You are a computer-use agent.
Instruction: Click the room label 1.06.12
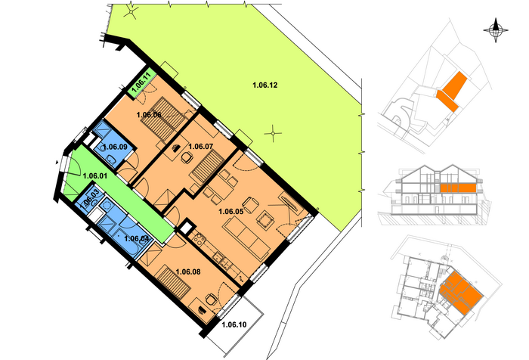(x=264, y=85)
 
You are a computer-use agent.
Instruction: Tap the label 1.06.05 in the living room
(x=230, y=212)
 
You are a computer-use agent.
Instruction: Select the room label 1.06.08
(x=188, y=272)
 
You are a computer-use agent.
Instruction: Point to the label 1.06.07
(x=201, y=146)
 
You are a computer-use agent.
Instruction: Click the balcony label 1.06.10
(x=234, y=325)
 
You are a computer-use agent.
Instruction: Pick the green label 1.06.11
(x=141, y=83)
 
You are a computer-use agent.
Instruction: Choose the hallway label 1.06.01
(x=94, y=176)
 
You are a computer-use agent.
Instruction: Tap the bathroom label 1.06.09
(x=115, y=147)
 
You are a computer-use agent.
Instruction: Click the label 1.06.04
(x=137, y=238)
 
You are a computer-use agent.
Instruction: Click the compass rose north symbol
(x=496, y=30)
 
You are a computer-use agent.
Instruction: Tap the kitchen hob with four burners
(x=199, y=239)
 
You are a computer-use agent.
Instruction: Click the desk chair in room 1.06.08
(x=211, y=299)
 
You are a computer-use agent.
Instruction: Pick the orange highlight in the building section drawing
(x=458, y=188)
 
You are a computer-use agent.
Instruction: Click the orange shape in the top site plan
(x=452, y=91)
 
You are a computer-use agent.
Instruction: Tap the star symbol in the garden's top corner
(x=131, y=13)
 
